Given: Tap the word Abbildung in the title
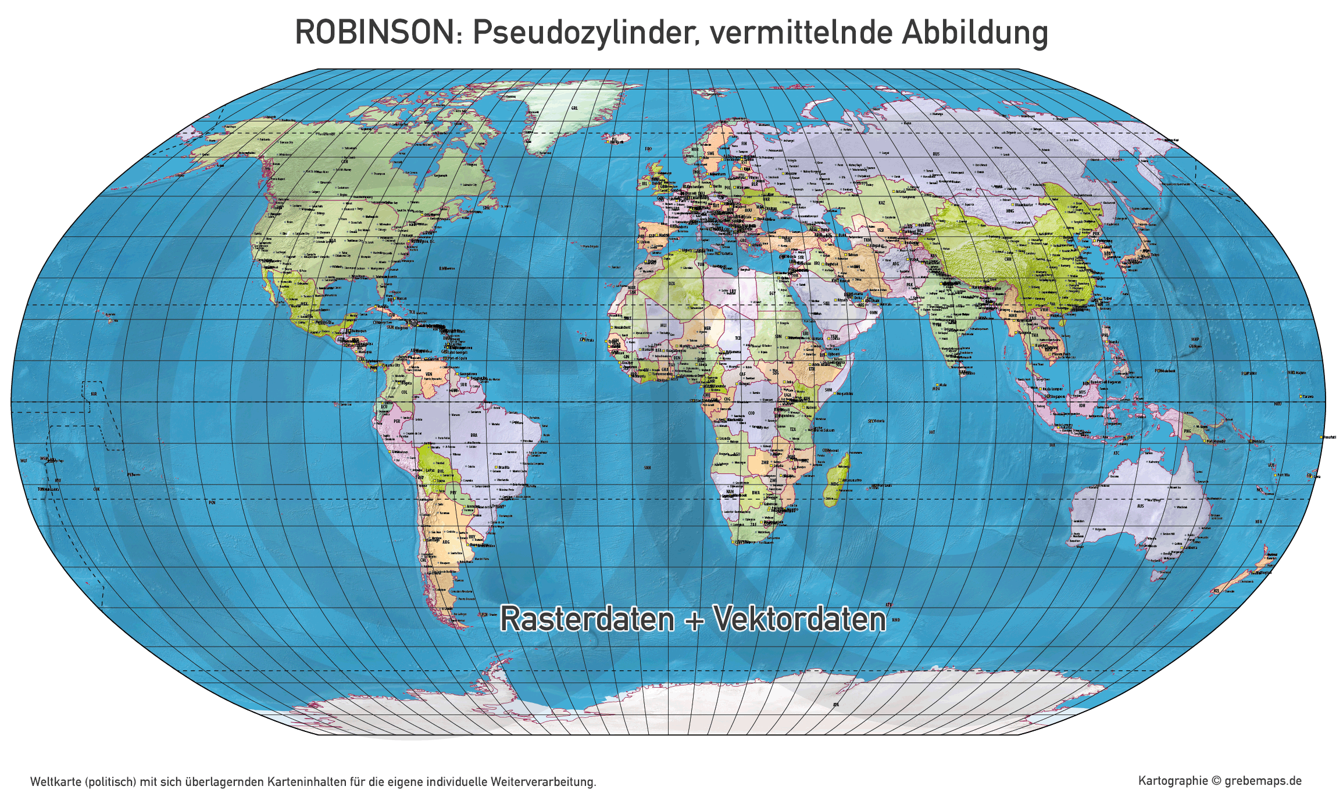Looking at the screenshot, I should (x=975, y=33).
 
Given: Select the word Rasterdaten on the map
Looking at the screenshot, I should (x=587, y=619).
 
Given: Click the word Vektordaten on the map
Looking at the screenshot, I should (x=800, y=619).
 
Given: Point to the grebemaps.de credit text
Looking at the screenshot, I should (x=1263, y=781).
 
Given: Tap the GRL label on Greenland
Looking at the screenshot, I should (x=574, y=108).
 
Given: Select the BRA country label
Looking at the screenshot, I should (x=474, y=435).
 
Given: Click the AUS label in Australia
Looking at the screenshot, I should (x=1141, y=506).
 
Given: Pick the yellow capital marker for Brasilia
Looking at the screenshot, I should (x=496, y=467).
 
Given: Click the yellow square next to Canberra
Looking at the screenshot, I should (x=1183, y=548).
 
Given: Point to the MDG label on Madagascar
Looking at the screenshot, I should (x=835, y=484).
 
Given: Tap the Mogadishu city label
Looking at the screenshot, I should (x=845, y=394).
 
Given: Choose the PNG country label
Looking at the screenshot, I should (x=1187, y=431).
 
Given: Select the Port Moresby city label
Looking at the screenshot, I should (x=1216, y=441).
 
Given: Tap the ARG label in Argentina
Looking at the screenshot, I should (x=446, y=542).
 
